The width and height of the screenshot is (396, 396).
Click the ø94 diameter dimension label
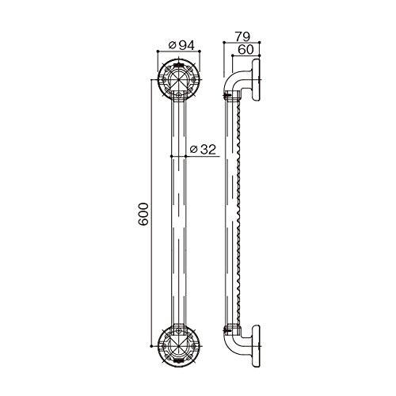(181, 45)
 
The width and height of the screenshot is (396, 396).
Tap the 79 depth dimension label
(242, 36)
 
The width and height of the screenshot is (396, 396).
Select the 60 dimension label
(246, 50)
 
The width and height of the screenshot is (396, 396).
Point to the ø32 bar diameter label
(203, 150)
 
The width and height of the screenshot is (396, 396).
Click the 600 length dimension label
(143, 214)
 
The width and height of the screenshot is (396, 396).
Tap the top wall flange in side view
(256, 79)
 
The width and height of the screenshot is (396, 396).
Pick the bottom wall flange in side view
(256, 346)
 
